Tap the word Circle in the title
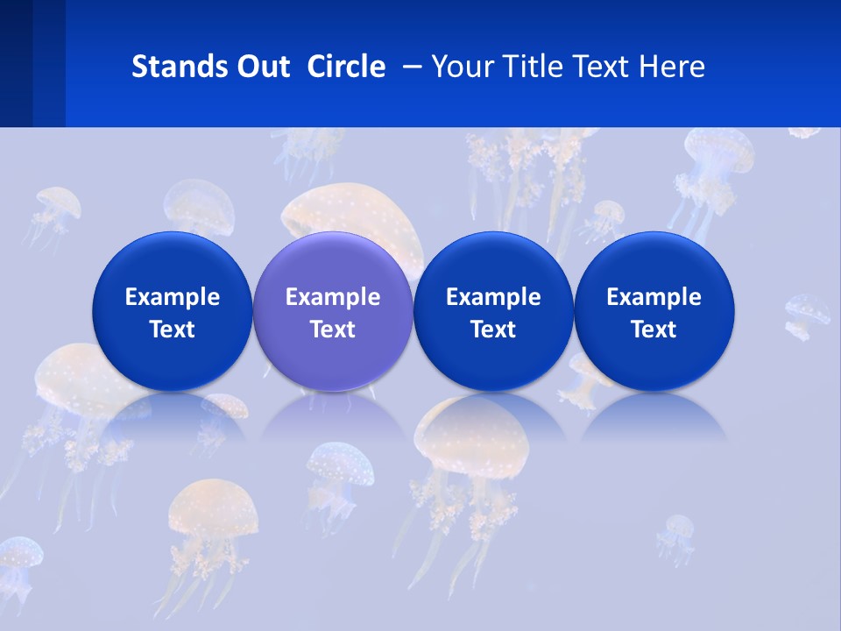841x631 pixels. tap(346, 67)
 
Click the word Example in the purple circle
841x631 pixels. tap(333, 297)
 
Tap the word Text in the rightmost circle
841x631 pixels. tap(654, 330)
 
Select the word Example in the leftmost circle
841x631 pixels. tap(172, 297)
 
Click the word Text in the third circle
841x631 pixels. tap(493, 330)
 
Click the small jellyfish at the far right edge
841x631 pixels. tap(807, 315)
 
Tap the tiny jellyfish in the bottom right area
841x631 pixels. tap(676, 536)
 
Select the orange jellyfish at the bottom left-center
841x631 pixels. tap(213, 521)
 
